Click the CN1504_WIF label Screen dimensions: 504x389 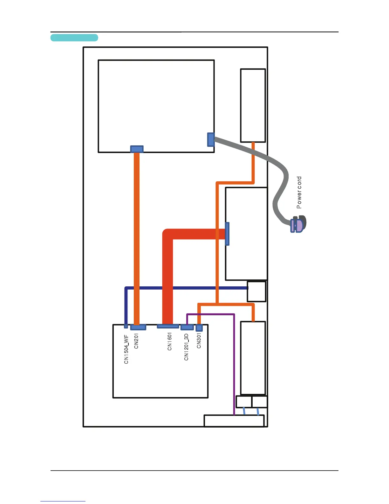click(126, 349)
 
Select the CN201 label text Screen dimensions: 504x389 click(136, 340)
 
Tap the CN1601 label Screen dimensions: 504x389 click(170, 341)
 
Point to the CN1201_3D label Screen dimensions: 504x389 click(186, 347)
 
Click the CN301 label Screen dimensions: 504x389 click(199, 340)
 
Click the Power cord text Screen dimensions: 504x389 click(299, 192)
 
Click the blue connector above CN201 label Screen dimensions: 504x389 click(138, 327)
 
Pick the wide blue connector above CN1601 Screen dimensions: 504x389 click(168, 326)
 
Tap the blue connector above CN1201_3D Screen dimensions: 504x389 click(187, 327)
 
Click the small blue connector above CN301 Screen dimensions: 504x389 click(199, 328)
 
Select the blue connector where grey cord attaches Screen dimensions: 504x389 click(211, 140)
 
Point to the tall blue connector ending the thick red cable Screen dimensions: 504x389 click(227, 234)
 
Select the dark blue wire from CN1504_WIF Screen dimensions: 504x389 click(184, 288)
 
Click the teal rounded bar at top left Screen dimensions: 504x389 click(74, 38)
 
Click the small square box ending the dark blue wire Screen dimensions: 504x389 click(256, 291)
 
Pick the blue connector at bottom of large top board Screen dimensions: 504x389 click(137, 149)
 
